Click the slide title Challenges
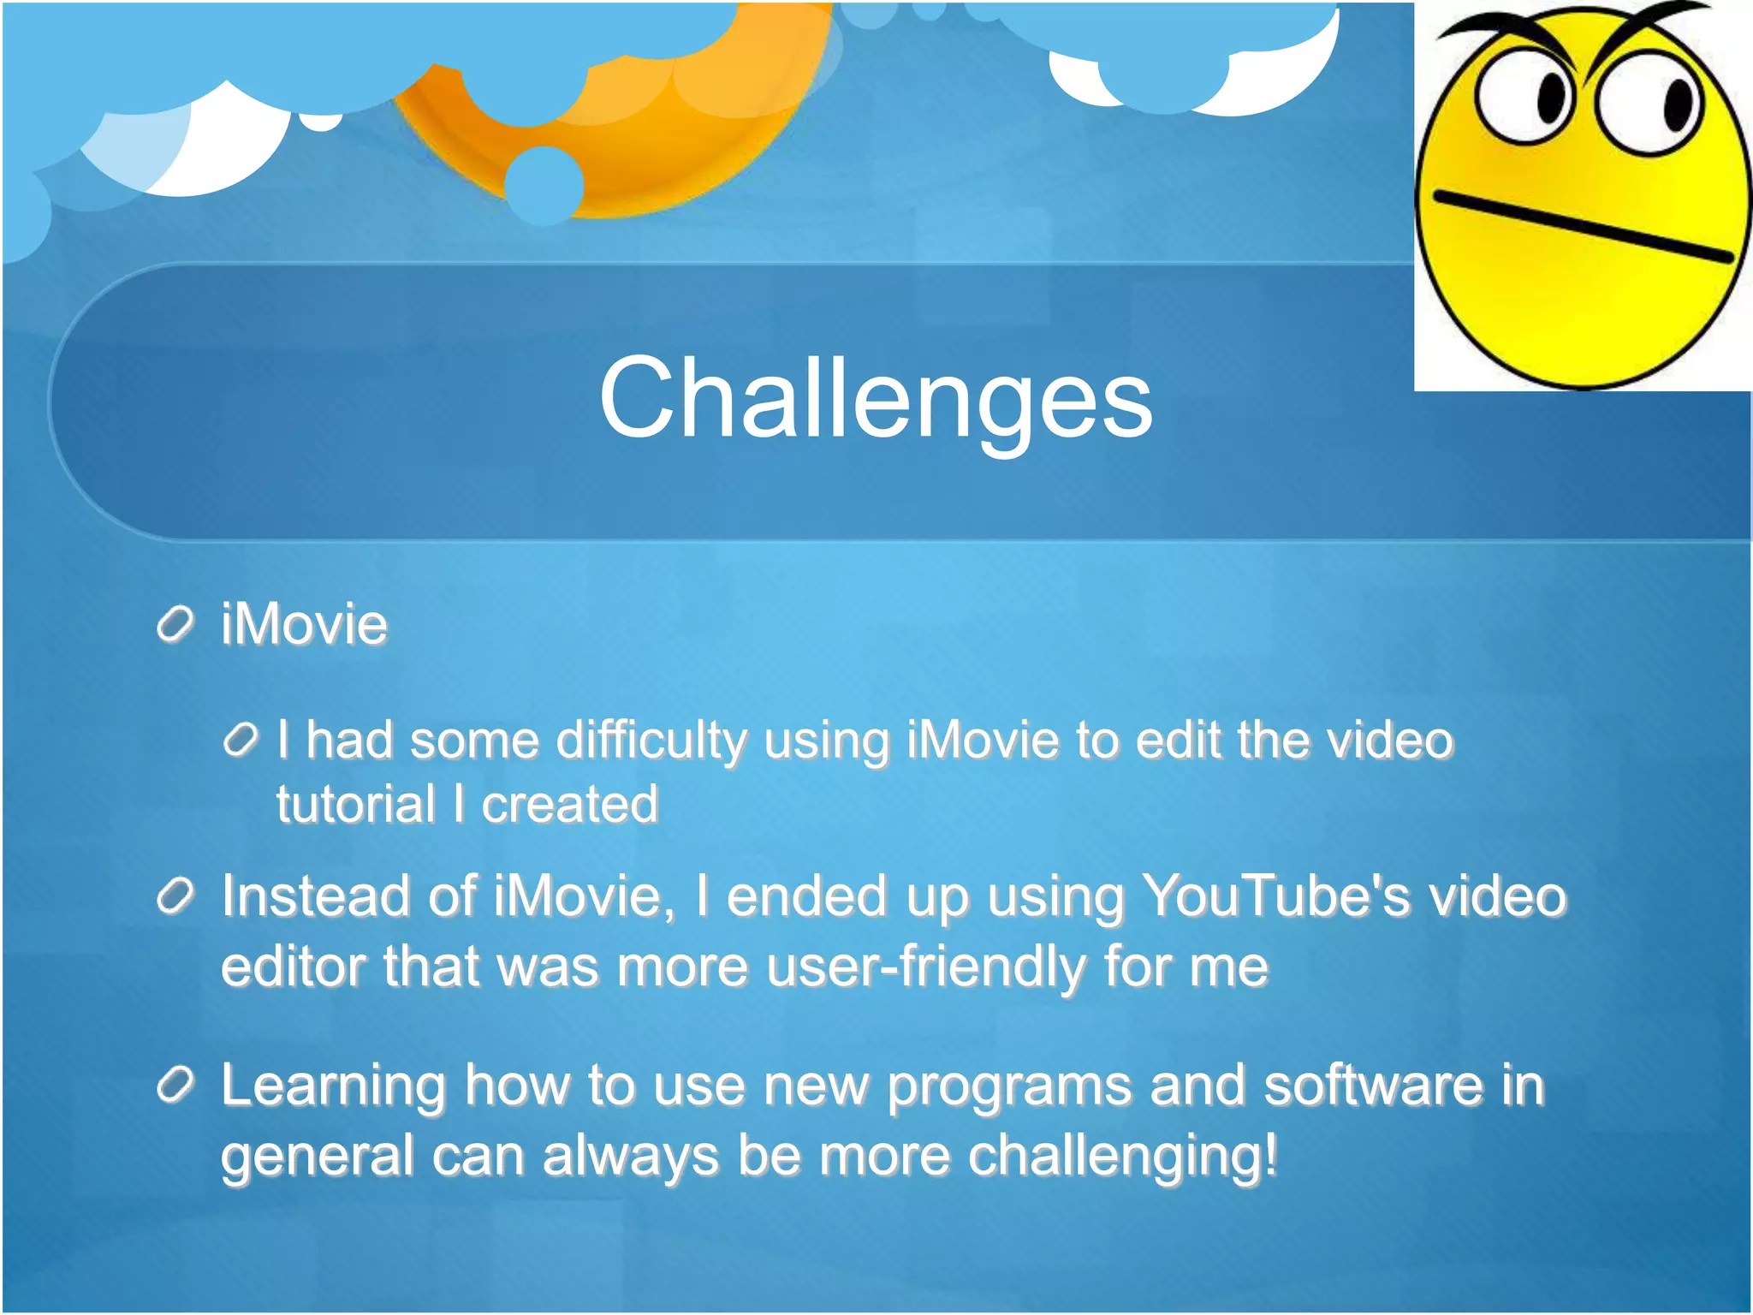[x=876, y=399]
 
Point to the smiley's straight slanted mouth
[x=1584, y=226]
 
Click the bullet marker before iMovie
[x=176, y=625]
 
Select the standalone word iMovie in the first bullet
[x=304, y=624]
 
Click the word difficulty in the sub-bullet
[x=651, y=741]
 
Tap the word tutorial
[x=355, y=805]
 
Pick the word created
[x=569, y=805]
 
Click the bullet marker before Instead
[x=176, y=897]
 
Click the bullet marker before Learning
[x=176, y=1086]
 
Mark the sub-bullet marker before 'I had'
[x=241, y=740]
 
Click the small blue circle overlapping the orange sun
[x=544, y=185]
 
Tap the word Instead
[x=315, y=897]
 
